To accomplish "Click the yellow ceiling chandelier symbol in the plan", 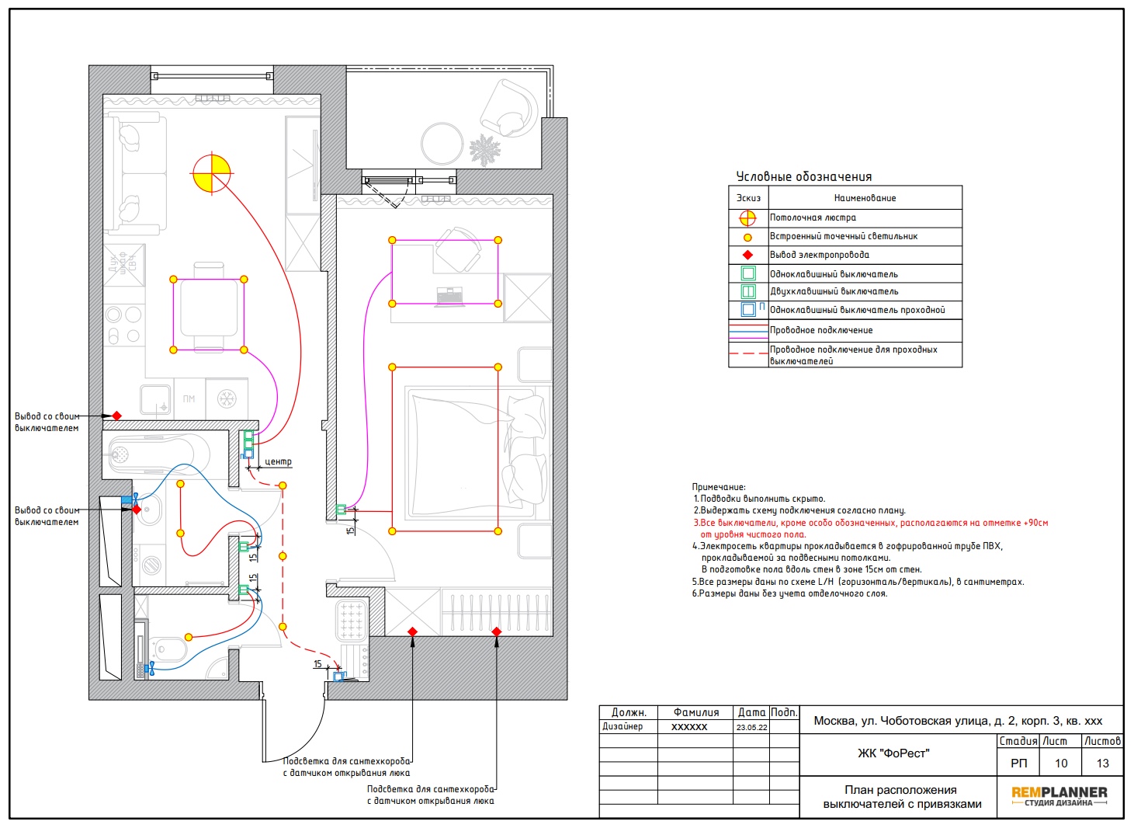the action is point(212,173).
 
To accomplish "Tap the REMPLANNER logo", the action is point(1059,795).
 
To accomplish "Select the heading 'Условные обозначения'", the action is point(803,176).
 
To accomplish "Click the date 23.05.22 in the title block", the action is point(751,727).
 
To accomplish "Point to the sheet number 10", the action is point(1060,763).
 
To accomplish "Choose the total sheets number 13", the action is point(1102,763).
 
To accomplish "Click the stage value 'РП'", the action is point(1018,763).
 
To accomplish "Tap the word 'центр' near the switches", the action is point(278,461).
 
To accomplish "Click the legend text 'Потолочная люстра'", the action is point(813,217).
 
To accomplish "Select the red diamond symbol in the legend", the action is point(747,255).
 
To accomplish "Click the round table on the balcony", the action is point(442,144).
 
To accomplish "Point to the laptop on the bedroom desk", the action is point(449,297).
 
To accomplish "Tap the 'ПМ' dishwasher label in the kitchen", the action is point(189,398).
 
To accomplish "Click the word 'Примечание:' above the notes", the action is point(719,487).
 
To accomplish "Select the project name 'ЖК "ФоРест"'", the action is point(893,753).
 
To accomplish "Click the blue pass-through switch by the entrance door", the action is point(338,676).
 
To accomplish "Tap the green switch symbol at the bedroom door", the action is point(342,510).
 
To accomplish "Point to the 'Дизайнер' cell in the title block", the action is point(622,727).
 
